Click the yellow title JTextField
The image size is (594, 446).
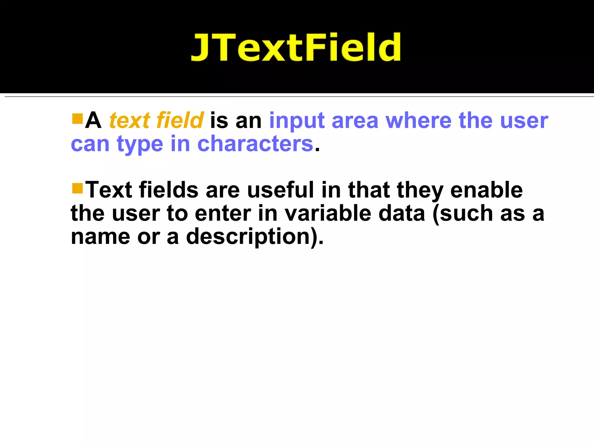296,47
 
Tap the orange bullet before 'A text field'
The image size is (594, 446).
77,119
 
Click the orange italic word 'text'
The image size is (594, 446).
129,121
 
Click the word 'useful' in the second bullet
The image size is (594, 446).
281,190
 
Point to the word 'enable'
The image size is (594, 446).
486,190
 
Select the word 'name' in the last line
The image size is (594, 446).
100,237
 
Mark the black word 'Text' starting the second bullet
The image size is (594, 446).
109,190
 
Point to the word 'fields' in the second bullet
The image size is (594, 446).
169,190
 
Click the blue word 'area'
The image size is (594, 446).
355,121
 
